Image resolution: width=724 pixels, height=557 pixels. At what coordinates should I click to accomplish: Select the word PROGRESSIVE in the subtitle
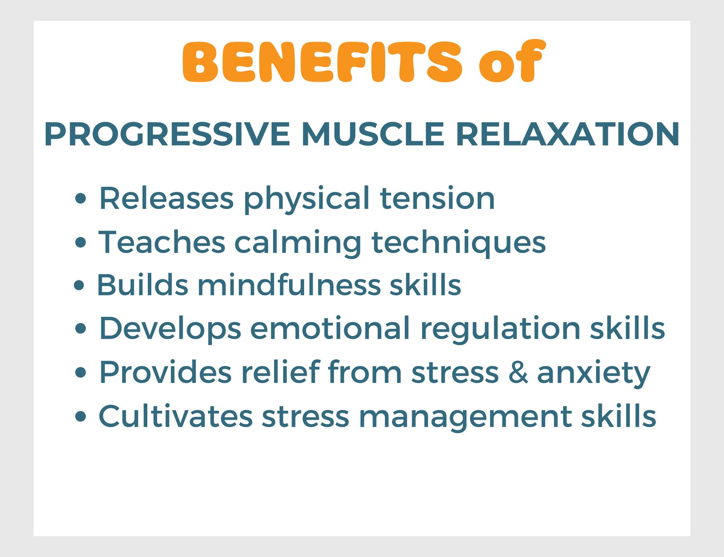pyautogui.click(x=167, y=134)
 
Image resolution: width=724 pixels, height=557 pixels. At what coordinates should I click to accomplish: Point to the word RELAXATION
pyautogui.click(x=567, y=134)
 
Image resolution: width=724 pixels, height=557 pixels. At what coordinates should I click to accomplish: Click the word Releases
pyautogui.click(x=166, y=199)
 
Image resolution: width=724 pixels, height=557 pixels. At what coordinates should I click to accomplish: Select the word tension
pyautogui.click(x=437, y=199)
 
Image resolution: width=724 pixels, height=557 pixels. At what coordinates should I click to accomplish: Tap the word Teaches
pyautogui.click(x=162, y=242)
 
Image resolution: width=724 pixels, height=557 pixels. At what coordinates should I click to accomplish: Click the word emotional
pyautogui.click(x=330, y=329)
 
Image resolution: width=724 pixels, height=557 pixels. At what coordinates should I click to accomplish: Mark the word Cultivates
pyautogui.click(x=176, y=416)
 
